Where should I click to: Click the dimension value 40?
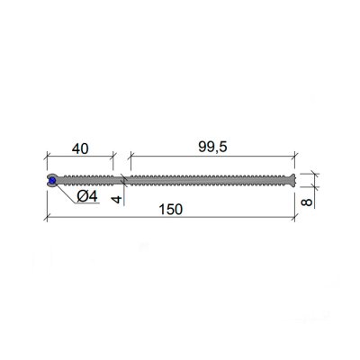point(80,148)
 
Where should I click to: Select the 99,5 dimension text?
point(212,147)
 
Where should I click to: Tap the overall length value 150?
point(170,210)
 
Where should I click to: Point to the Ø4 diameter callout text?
point(87,197)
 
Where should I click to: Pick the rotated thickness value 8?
point(307,202)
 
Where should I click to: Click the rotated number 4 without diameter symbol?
point(117,199)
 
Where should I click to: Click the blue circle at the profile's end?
point(52,180)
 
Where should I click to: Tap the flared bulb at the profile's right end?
point(293,180)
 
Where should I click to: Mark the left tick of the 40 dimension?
point(46,156)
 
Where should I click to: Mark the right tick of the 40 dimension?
point(113,156)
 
